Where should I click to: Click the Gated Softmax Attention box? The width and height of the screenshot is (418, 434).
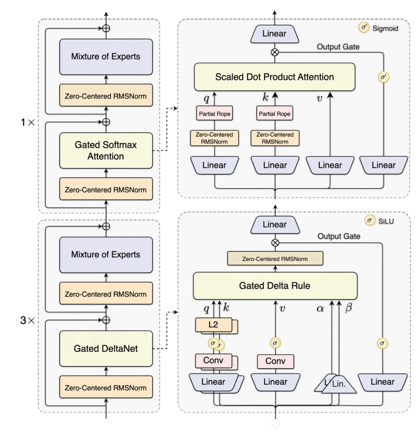click(106, 150)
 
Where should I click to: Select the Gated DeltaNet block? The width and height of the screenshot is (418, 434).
click(106, 349)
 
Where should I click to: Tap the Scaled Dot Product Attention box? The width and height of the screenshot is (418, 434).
click(274, 77)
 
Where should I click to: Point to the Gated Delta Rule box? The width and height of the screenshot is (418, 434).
click(274, 286)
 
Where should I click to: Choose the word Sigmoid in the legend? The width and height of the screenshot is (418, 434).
click(386, 29)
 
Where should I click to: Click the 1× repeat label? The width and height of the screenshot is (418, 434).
click(28, 122)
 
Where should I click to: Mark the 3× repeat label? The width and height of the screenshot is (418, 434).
click(28, 320)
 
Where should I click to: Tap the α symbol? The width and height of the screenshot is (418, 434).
click(320, 309)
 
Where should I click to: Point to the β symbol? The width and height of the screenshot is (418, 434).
click(349, 308)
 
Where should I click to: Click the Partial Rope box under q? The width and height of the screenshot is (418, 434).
click(215, 114)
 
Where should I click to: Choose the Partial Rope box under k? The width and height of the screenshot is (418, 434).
click(275, 114)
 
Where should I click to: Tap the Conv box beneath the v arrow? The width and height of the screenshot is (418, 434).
click(276, 362)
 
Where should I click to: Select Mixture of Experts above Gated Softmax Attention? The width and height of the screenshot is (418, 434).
click(106, 57)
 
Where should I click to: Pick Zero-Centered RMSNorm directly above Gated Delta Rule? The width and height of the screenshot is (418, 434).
click(275, 259)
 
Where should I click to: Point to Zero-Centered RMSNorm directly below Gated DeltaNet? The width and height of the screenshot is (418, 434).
click(106, 388)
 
